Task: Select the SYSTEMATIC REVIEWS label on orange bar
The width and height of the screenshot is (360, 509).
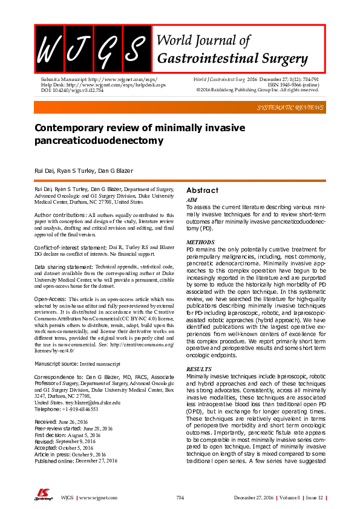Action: [x=290, y=107]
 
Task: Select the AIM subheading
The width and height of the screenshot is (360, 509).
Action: [x=191, y=199]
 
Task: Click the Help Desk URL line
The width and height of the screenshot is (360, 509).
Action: [x=99, y=85]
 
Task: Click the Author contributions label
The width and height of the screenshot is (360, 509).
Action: [x=61, y=215]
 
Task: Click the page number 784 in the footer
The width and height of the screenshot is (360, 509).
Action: [x=180, y=497]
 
